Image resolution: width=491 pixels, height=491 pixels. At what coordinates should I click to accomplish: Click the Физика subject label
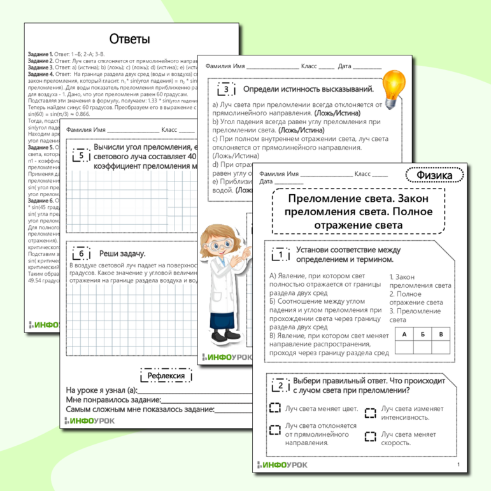click(434, 174)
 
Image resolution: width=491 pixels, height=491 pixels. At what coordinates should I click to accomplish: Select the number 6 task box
click(81, 253)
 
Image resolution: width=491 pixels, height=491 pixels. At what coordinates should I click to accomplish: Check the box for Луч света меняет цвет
click(274, 408)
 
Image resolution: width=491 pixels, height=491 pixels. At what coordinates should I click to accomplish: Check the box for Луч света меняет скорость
click(370, 436)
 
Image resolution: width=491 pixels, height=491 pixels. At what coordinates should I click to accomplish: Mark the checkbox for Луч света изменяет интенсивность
click(370, 413)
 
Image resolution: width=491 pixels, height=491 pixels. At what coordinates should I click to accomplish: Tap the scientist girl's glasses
click(223, 245)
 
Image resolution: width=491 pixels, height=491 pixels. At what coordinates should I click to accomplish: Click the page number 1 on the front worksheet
click(458, 465)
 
